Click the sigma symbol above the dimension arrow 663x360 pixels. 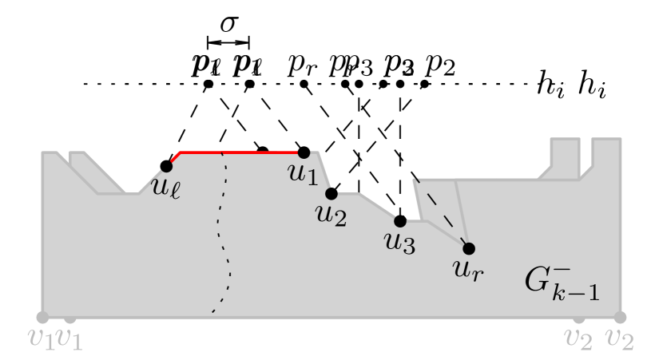point(228,23)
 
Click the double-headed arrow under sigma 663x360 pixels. point(228,42)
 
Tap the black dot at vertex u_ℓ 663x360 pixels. point(166,166)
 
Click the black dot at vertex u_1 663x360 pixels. point(304,152)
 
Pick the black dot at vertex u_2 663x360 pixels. point(332,193)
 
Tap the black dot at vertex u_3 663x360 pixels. point(400,221)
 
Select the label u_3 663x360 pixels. point(400,243)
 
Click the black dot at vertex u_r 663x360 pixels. point(469,248)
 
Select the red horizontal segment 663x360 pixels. point(240,152)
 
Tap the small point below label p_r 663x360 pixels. point(304,84)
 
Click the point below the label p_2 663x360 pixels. point(424,84)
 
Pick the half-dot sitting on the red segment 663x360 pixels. point(262,149)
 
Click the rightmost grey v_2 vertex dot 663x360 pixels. point(620,318)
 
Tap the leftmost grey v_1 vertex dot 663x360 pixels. point(42,318)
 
